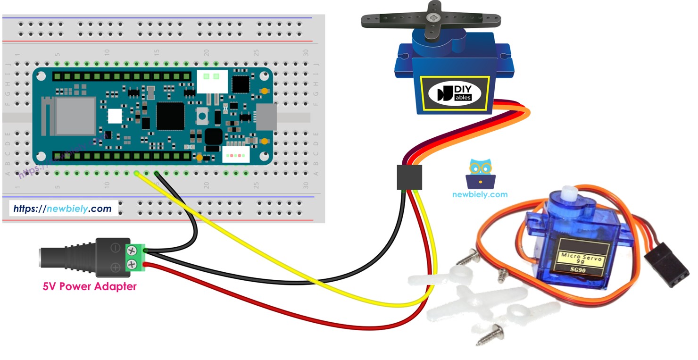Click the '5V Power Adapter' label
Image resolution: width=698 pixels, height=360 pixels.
[x=90, y=286]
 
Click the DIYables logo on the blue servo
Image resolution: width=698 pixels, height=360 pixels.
[x=455, y=93]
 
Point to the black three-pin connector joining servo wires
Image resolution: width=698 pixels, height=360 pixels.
[x=409, y=177]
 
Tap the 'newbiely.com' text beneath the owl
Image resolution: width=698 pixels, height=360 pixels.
[x=480, y=194]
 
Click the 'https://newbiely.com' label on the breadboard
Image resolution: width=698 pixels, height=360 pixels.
[x=62, y=209]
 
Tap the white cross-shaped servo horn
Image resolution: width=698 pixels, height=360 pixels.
[x=476, y=302]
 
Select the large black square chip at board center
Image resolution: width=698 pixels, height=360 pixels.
[x=170, y=116]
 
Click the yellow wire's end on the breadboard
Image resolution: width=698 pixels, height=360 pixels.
[x=137, y=174]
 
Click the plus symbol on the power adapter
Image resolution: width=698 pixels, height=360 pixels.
[x=115, y=268]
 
